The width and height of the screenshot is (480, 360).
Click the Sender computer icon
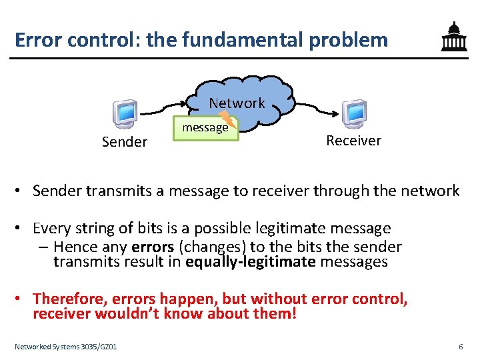coord(124,113)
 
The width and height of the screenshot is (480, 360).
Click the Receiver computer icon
coord(353,113)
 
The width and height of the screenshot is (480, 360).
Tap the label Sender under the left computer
coord(124,141)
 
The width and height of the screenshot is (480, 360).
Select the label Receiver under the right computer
coord(353,140)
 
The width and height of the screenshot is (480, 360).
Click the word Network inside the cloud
coord(237,103)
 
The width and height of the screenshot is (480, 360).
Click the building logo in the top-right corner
coord(454,38)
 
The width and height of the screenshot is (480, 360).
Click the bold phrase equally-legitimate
coord(251,261)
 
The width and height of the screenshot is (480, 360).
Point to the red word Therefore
coord(69,298)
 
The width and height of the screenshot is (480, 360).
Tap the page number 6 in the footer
coord(461,347)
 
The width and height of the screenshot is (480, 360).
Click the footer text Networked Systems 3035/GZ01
coord(66,347)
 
